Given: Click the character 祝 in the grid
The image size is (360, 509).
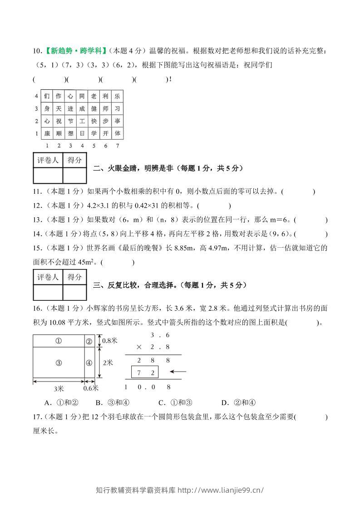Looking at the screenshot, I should (59, 122).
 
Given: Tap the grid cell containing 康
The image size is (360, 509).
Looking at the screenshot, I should (47, 134).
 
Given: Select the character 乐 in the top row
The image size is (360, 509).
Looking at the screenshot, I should (117, 96).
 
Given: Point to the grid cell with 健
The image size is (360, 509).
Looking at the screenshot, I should (94, 109).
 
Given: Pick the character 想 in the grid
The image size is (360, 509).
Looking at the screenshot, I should (70, 134).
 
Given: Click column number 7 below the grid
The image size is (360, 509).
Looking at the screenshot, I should (117, 146).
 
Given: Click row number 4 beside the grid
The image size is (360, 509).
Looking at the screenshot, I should (36, 96).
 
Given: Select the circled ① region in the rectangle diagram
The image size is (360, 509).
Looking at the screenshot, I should (59, 342).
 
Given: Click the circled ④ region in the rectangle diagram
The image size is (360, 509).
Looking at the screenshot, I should (89, 362).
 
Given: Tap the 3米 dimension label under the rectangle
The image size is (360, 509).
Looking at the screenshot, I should (59, 389).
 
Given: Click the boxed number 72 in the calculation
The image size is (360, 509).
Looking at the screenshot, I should (145, 372).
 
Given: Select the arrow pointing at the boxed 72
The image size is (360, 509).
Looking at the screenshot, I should (177, 372).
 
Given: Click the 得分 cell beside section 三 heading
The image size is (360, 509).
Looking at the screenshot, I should (74, 277).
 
